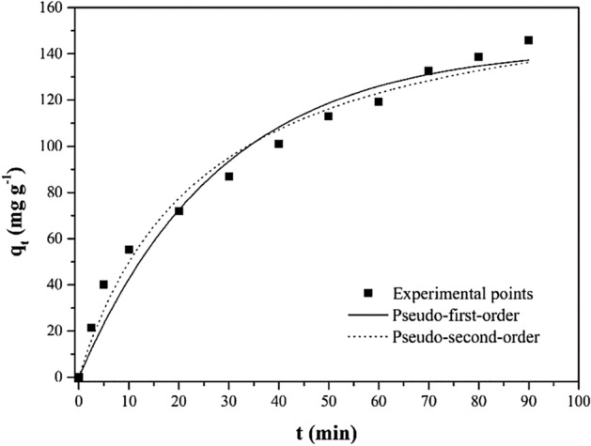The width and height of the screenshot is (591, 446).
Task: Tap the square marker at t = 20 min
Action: point(179,211)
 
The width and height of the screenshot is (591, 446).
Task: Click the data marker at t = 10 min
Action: point(129,250)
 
